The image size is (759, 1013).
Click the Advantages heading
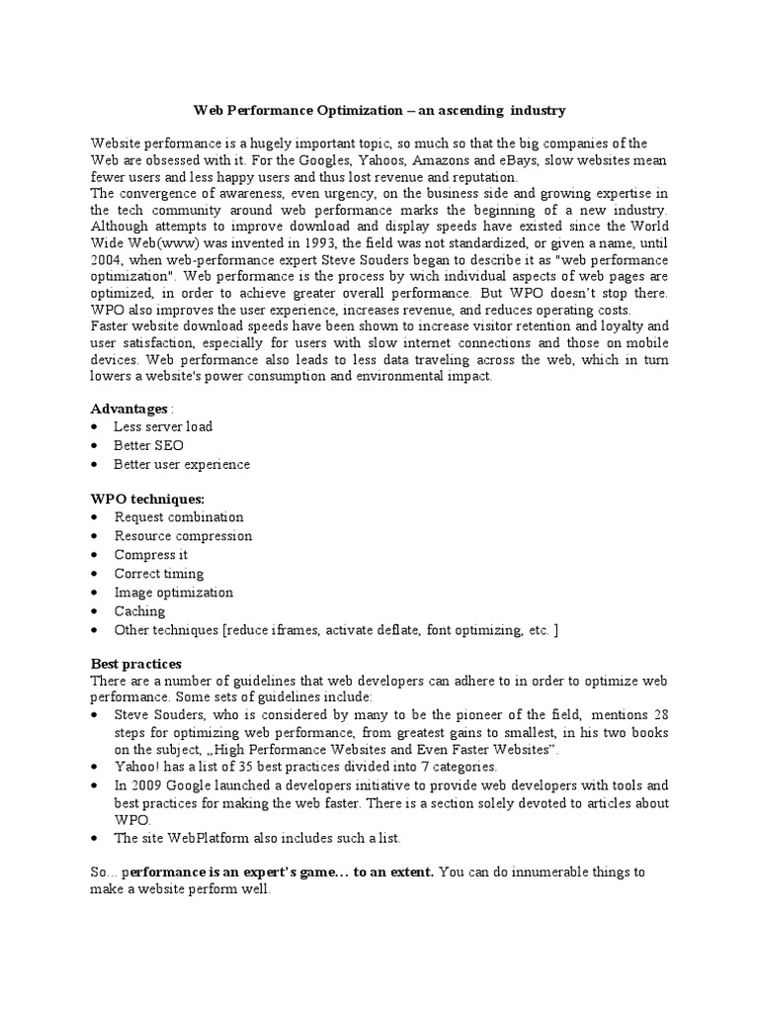129,409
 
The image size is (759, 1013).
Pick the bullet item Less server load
163,427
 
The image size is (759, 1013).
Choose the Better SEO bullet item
148,446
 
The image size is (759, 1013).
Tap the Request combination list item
179,517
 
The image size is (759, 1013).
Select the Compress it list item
150,555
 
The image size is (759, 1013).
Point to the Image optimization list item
174,593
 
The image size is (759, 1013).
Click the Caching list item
139,611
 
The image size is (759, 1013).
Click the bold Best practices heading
135,664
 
